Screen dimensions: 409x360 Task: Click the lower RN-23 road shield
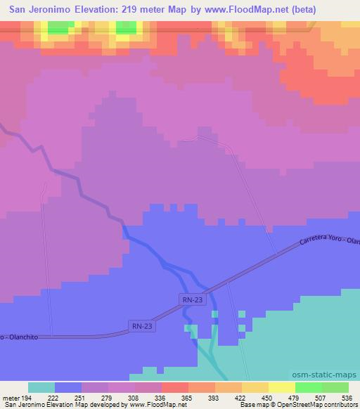[x=141, y=325]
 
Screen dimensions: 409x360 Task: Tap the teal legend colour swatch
[x=41, y=387]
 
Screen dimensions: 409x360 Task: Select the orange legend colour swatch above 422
[x=229, y=387]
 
